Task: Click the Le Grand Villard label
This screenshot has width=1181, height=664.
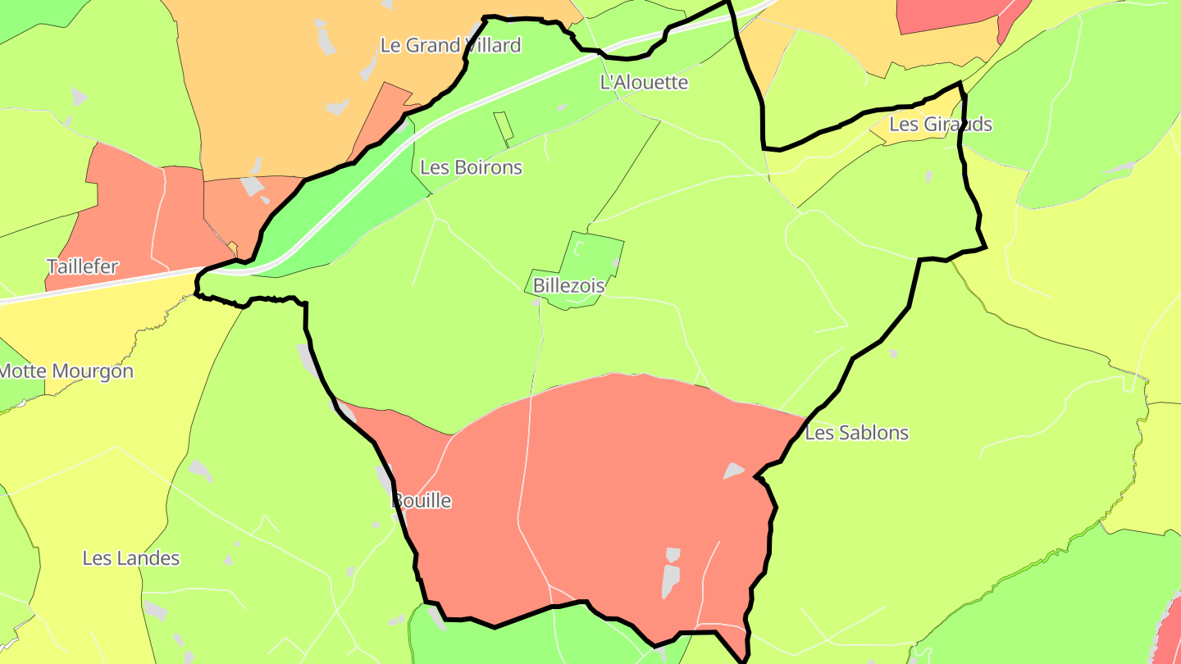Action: point(450,45)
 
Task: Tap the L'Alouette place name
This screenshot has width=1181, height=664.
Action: point(644,82)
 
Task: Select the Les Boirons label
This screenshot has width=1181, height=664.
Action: point(471,167)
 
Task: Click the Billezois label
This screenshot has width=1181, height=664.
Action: point(568,286)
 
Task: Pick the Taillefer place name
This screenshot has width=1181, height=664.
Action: point(82,266)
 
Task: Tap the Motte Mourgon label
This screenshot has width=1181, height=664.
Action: point(66,371)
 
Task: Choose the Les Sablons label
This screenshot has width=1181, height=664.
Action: point(856,433)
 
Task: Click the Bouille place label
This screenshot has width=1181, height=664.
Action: point(422,500)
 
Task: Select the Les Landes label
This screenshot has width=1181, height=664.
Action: point(131,558)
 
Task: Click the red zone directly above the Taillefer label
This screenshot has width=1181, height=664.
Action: point(123,205)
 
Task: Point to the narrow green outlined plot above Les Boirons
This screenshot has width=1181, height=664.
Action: point(504,128)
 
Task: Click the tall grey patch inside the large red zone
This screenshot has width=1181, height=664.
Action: point(671,574)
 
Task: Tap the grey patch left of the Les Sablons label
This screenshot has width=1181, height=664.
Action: point(732,471)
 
